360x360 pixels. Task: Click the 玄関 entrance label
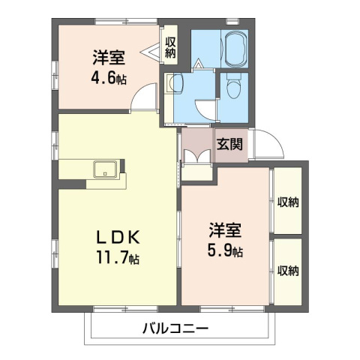(229, 145)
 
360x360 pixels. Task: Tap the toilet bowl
(232, 89)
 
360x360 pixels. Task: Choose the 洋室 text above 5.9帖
(224, 229)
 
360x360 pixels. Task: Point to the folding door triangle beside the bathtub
(198, 65)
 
